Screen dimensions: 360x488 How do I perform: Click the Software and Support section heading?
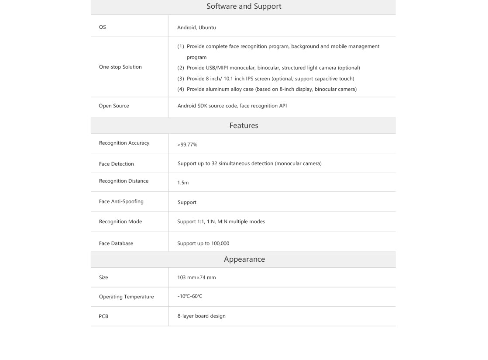[x=244, y=7]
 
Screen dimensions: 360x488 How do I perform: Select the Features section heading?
[x=244, y=126]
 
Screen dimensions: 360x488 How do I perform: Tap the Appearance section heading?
[x=244, y=260]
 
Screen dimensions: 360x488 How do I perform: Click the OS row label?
[x=102, y=27]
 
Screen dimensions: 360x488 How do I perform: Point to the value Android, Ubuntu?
[x=196, y=28]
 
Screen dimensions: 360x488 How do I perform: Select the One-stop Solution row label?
[x=120, y=67]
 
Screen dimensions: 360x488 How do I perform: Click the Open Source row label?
[x=113, y=106]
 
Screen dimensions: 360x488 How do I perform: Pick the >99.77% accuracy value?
[x=187, y=145]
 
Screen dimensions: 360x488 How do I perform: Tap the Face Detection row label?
[x=116, y=164]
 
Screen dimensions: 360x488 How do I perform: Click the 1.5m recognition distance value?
[x=183, y=183]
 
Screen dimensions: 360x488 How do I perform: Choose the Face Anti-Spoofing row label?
[x=121, y=201]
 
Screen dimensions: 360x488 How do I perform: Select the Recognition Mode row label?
[x=120, y=222]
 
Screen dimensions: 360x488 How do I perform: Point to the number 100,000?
[x=220, y=243]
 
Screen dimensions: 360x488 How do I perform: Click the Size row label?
[x=103, y=277]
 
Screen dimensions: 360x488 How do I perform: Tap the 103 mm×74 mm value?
[x=196, y=277]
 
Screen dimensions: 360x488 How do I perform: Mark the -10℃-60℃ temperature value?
[x=190, y=296]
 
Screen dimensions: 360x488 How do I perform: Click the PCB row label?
[x=103, y=316]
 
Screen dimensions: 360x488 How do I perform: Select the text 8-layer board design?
[x=201, y=316]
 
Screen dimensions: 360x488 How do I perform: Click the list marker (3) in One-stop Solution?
[x=181, y=79]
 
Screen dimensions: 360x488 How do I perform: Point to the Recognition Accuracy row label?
[x=124, y=143]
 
